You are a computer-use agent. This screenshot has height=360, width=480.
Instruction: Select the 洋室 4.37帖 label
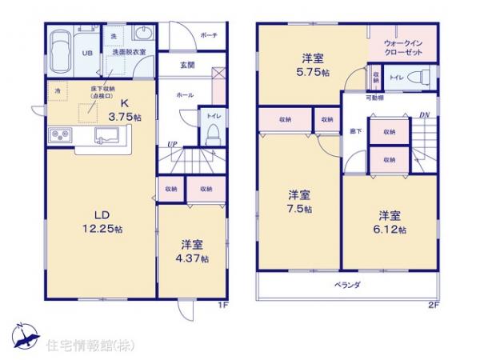tap(194, 251)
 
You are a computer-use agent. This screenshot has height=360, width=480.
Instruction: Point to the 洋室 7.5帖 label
tap(300, 202)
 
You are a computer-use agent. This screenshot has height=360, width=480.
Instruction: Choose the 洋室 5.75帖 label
tap(312, 63)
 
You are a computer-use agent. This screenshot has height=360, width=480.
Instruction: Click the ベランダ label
tap(346, 285)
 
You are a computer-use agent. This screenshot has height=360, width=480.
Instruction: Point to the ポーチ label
tap(210, 36)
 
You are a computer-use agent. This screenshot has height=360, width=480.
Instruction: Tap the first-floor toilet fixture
tap(213, 136)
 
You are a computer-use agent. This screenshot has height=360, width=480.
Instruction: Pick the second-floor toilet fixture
tap(415, 78)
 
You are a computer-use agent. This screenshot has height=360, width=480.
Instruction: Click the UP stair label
tap(171, 145)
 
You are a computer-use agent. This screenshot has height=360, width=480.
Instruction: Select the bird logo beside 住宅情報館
tap(24, 332)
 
